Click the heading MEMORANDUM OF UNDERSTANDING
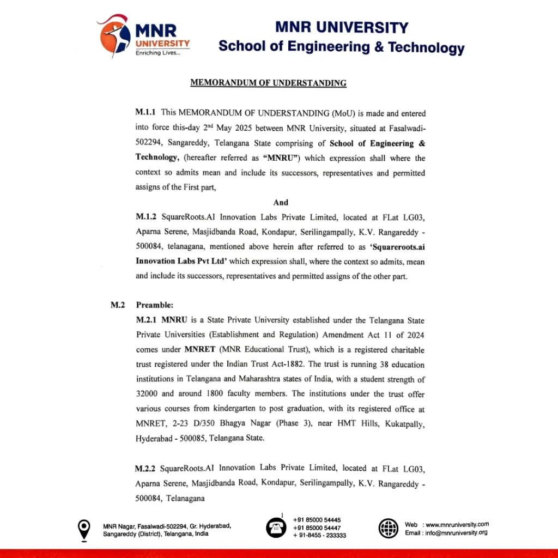click(x=268, y=83)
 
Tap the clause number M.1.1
click(x=146, y=113)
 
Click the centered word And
click(x=281, y=202)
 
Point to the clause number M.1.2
click(x=146, y=216)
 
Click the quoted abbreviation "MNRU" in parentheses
click(x=282, y=158)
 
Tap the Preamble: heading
click(x=154, y=305)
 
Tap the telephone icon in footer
click(x=276, y=527)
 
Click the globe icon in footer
click(x=389, y=527)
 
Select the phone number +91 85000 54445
click(x=317, y=520)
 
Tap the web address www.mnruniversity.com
click(x=457, y=524)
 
